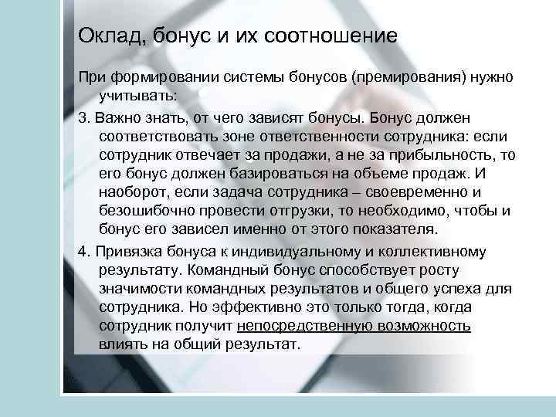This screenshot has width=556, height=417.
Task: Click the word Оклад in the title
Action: (101, 36)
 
